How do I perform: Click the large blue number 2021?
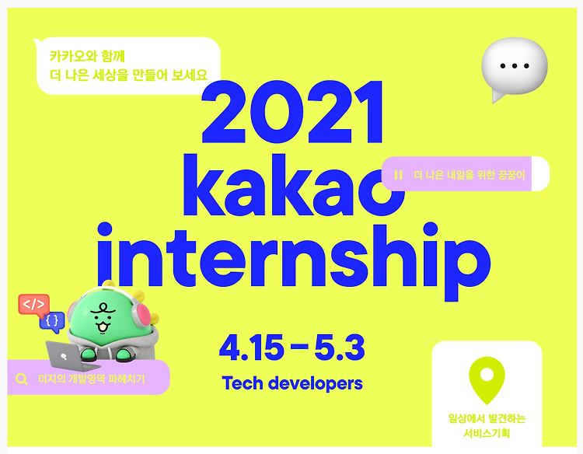point(291,111)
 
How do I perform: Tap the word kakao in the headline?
point(294,185)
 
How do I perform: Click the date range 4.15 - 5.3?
point(291,347)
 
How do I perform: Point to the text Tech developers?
point(292,383)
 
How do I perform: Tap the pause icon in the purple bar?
point(398,175)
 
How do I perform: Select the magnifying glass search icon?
point(22,379)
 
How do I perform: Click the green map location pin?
point(487,380)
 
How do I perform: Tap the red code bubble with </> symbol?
point(34,305)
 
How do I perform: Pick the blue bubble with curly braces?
point(52,321)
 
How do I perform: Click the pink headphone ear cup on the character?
point(141,315)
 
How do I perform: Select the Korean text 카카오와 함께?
point(87,56)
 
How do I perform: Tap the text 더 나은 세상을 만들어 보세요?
point(128,75)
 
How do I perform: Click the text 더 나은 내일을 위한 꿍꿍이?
point(470,175)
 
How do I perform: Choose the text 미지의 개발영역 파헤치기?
point(92,379)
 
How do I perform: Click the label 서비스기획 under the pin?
point(487,433)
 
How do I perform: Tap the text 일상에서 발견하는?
point(487,419)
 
